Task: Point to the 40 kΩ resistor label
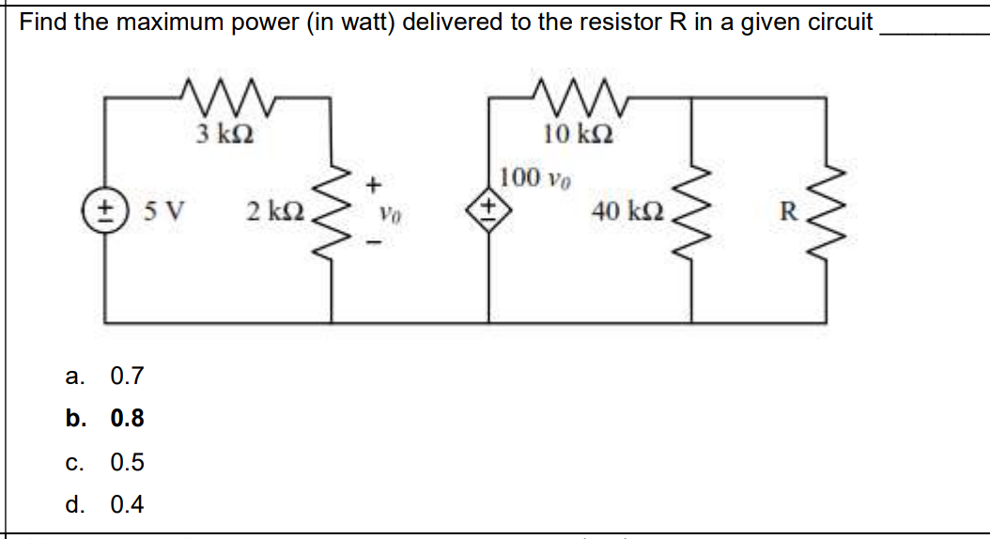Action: tap(627, 211)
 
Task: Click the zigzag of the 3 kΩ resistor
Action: tap(224, 94)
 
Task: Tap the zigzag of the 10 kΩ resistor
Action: tap(569, 94)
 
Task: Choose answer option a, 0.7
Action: tap(126, 377)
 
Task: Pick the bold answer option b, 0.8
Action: tap(126, 419)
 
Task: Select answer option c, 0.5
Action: tap(126, 462)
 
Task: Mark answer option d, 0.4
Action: tap(126, 504)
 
